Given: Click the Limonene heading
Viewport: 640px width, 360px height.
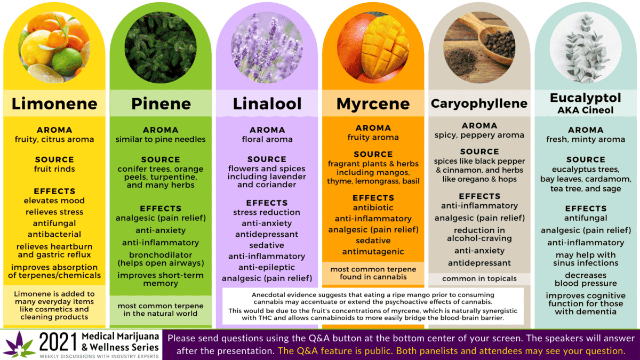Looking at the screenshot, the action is pos(54,103).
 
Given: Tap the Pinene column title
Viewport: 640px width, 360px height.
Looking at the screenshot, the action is pos(161,103).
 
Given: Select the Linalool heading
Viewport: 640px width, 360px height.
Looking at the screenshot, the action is pos(267,103).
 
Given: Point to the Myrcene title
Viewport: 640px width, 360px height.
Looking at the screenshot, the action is pos(373,104).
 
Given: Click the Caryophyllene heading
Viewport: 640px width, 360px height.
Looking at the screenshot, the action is pos(479,103).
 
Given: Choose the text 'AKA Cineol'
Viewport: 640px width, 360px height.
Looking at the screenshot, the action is pos(586,110).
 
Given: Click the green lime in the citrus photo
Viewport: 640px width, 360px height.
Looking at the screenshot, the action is pos(67,62).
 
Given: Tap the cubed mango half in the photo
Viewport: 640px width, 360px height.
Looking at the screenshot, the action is pos(385,47).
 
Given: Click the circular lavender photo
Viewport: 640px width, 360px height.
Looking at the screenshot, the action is pos(267,47).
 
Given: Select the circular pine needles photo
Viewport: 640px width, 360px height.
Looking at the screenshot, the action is pos(161,47).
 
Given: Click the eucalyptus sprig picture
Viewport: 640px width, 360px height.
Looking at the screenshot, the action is pos(586,47).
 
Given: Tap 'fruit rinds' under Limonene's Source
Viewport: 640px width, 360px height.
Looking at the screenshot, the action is pos(54,169).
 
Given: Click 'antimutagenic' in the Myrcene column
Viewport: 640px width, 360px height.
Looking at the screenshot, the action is pos(373,251).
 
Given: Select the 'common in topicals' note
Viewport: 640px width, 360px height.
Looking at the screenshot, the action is pos(479,278).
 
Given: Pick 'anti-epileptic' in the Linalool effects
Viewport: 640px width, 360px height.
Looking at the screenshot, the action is pos(267,267).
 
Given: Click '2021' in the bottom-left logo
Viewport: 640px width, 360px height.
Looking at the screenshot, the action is pos(58,342).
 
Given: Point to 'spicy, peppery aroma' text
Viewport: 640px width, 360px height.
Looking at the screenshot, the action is pos(479,135).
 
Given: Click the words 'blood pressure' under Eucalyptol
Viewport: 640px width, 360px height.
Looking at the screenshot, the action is pos(586,283).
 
